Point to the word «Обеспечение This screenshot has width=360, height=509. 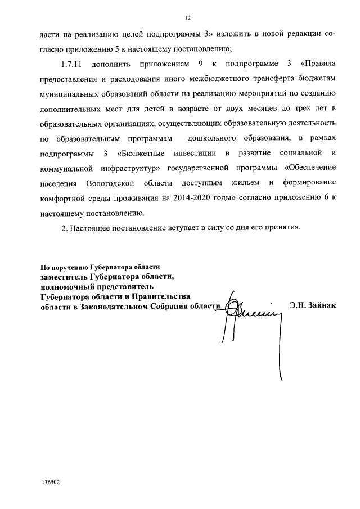(310, 169)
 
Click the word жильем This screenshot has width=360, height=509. (252, 184)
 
